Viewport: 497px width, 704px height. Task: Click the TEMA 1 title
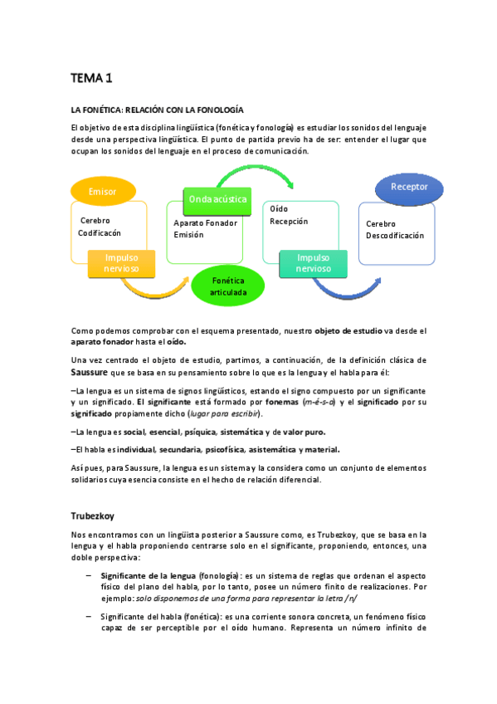tap(90, 79)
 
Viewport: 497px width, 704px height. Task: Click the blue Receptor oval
tap(409, 187)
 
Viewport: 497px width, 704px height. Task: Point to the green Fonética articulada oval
tap(227, 287)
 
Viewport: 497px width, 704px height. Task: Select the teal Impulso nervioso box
tap(314, 263)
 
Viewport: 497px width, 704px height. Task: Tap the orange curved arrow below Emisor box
tap(158, 290)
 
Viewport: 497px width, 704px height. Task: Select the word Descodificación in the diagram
tap(395, 236)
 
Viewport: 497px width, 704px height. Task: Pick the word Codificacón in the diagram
tap(100, 233)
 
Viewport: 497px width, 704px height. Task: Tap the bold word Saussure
tap(90, 371)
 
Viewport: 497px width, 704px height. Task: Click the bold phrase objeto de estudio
tap(348, 330)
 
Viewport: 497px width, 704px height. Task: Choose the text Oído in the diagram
tap(279, 209)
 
